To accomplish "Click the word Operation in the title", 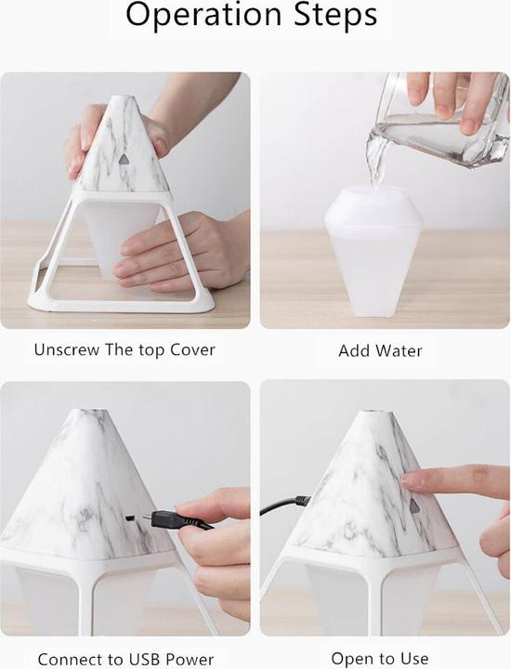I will click(x=202, y=16).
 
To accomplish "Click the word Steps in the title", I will click(x=330, y=16).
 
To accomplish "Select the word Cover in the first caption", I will click(x=191, y=350).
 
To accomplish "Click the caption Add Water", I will click(x=380, y=351).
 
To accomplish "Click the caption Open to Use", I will click(x=380, y=659).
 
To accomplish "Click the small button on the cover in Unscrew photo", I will click(x=123, y=159).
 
